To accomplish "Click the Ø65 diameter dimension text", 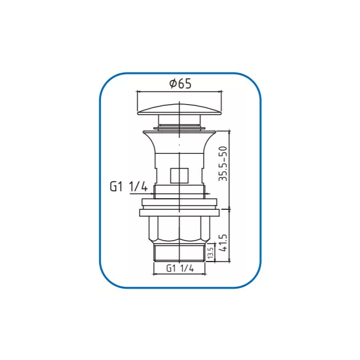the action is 180,84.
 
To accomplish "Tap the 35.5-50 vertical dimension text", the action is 223,164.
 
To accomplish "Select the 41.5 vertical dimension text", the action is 223,242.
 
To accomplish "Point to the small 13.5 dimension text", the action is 210,252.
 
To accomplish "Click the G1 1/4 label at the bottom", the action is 180,268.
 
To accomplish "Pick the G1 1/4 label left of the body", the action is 129,186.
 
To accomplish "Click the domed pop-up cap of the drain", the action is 180,110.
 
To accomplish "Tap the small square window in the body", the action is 179,175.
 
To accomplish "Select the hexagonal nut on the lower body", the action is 179,230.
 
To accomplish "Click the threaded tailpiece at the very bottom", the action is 179,254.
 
